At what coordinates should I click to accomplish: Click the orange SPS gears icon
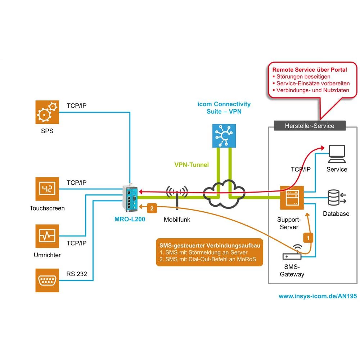click(x=47, y=112)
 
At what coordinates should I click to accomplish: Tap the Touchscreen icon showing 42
click(x=47, y=189)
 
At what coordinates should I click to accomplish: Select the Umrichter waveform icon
click(x=47, y=236)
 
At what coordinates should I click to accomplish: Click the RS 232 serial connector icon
click(x=47, y=280)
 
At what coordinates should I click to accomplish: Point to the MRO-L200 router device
click(x=130, y=199)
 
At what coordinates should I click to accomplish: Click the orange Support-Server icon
click(x=292, y=198)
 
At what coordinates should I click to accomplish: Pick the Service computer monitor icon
click(x=337, y=154)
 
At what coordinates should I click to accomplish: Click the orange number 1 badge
click(x=307, y=238)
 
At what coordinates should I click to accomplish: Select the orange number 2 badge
click(x=152, y=208)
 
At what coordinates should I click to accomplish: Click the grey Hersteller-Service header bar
click(x=309, y=126)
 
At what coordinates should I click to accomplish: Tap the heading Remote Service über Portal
click(x=310, y=69)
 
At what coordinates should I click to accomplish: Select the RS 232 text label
click(x=77, y=274)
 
